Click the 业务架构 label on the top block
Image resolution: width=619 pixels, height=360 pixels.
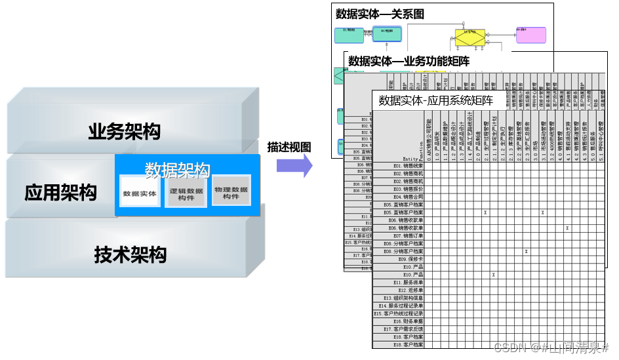coord(124,131)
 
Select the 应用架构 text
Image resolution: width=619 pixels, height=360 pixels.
coord(60,192)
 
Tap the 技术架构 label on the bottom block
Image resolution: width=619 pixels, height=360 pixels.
coord(130,254)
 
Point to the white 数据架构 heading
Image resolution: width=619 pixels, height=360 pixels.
coord(177,170)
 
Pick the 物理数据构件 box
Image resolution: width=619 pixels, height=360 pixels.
coord(231,191)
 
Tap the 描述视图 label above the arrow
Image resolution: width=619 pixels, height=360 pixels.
coord(289,147)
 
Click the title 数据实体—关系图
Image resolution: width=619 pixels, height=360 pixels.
coord(380,13)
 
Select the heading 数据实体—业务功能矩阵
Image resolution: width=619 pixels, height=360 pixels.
coord(409,61)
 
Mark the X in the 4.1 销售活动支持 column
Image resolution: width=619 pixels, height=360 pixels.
coord(567,228)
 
